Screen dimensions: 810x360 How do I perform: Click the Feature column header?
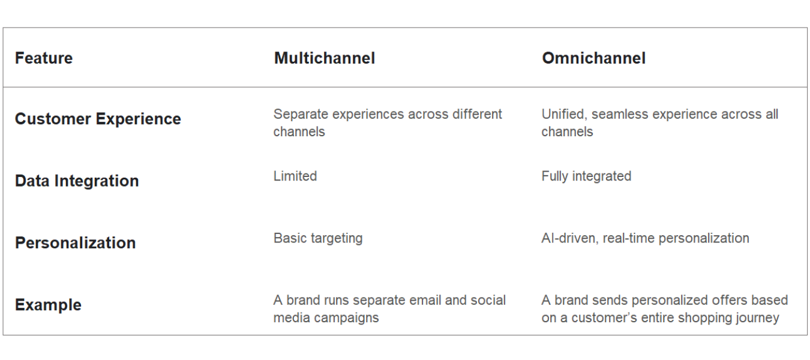click(44, 58)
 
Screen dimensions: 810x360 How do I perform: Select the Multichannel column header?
click(325, 58)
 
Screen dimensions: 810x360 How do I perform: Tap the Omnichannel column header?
click(593, 58)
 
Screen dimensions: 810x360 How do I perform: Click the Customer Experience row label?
click(98, 119)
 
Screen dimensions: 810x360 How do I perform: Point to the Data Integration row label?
click(77, 181)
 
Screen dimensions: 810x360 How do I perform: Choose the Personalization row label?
click(75, 243)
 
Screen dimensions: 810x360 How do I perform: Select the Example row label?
click(48, 305)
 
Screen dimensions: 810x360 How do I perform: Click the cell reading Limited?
click(295, 176)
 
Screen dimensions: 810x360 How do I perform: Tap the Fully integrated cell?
click(586, 176)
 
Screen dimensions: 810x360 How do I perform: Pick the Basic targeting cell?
click(318, 239)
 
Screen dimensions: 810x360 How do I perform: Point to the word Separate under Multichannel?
click(301, 115)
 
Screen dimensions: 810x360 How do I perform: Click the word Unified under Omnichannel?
click(565, 114)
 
